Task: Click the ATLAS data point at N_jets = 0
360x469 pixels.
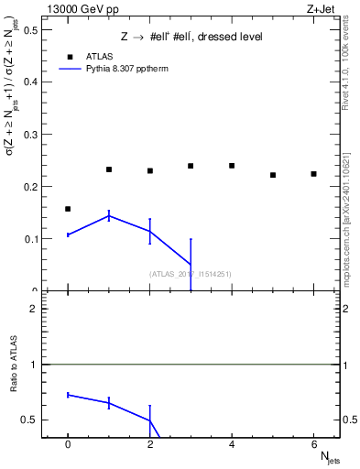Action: tap(68, 209)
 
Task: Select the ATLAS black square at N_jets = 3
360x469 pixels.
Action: tap(191, 166)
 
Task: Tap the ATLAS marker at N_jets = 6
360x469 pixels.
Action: tap(313, 174)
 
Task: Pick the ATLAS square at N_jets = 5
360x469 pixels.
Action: tap(273, 175)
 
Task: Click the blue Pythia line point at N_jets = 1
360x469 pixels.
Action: tap(109, 215)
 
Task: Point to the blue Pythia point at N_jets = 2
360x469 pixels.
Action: tap(149, 232)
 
